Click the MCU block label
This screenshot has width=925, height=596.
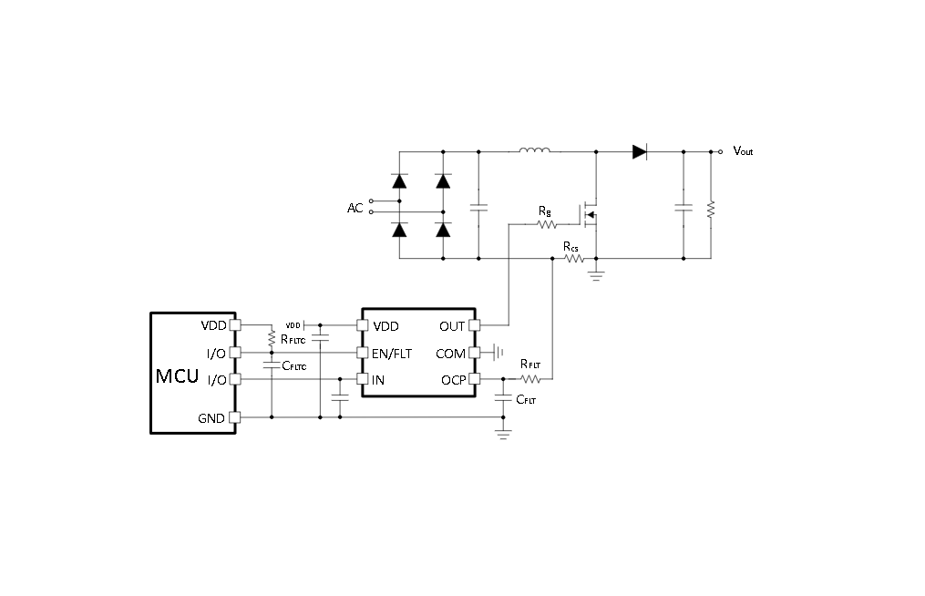(x=177, y=375)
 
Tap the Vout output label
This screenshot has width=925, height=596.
(x=743, y=151)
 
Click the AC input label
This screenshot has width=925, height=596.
(x=355, y=208)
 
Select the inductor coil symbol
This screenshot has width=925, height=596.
(x=534, y=149)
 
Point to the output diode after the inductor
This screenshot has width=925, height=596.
(x=640, y=151)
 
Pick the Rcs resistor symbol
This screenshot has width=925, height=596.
(x=574, y=259)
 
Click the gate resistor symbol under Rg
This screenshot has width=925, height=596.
(x=547, y=224)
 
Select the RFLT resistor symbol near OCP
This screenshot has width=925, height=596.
(x=530, y=379)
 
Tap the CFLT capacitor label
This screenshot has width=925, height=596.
(x=526, y=399)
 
